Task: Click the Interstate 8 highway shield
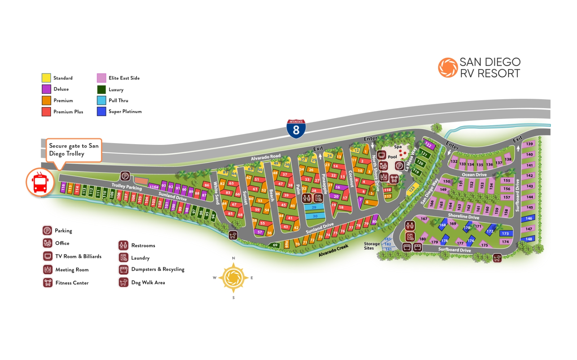(x=296, y=129)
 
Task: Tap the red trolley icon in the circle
(x=40, y=182)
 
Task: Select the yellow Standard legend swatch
(x=46, y=78)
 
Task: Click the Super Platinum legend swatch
(x=101, y=111)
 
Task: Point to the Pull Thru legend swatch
(x=101, y=100)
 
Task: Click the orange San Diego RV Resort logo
(x=448, y=68)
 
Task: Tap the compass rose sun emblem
(x=233, y=278)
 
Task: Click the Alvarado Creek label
(x=333, y=251)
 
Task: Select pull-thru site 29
(x=314, y=207)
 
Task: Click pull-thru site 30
(x=315, y=216)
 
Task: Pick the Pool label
(x=392, y=157)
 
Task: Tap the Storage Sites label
(x=371, y=246)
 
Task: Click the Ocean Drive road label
(x=474, y=175)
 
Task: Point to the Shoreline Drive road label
(x=463, y=216)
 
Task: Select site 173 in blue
(x=505, y=234)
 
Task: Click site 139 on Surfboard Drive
(x=529, y=144)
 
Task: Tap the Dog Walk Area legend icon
(x=123, y=282)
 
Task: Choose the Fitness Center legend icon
(x=48, y=283)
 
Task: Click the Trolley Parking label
(x=127, y=187)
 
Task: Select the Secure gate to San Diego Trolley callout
(x=74, y=150)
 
